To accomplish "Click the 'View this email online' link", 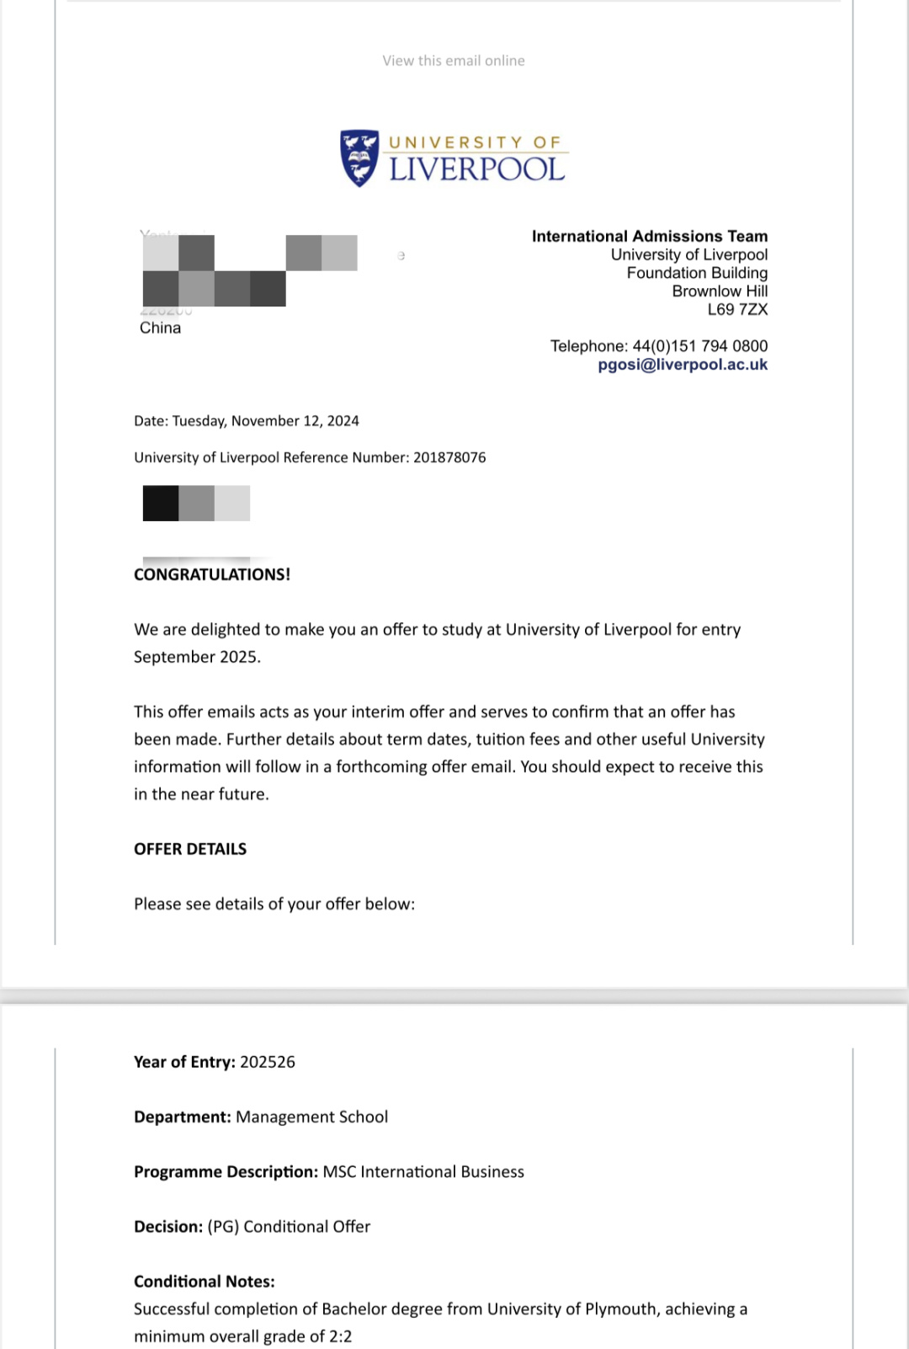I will tap(454, 61).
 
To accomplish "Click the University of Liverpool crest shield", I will tap(359, 157).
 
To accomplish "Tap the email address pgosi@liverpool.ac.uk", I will tap(683, 365).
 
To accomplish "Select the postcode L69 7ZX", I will tap(737, 310).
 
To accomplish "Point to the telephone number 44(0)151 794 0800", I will tap(699, 346).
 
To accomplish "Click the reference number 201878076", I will tap(449, 457).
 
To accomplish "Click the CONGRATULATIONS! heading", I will tap(212, 574).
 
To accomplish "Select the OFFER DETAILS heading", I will tap(190, 849).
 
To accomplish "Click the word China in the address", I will tap(160, 328).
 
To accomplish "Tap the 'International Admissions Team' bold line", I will tap(649, 237).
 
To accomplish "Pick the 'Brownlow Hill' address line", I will tap(720, 291).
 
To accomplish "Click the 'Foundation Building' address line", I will tap(697, 273).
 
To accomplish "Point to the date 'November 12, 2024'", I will tap(295, 421).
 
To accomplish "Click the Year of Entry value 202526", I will tap(268, 1062).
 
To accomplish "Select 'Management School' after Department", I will tap(311, 1117).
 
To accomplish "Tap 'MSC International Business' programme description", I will tap(423, 1171).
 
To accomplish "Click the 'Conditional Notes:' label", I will tap(205, 1282).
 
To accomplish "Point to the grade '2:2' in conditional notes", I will tap(341, 1336).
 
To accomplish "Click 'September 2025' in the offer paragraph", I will tap(196, 657).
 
